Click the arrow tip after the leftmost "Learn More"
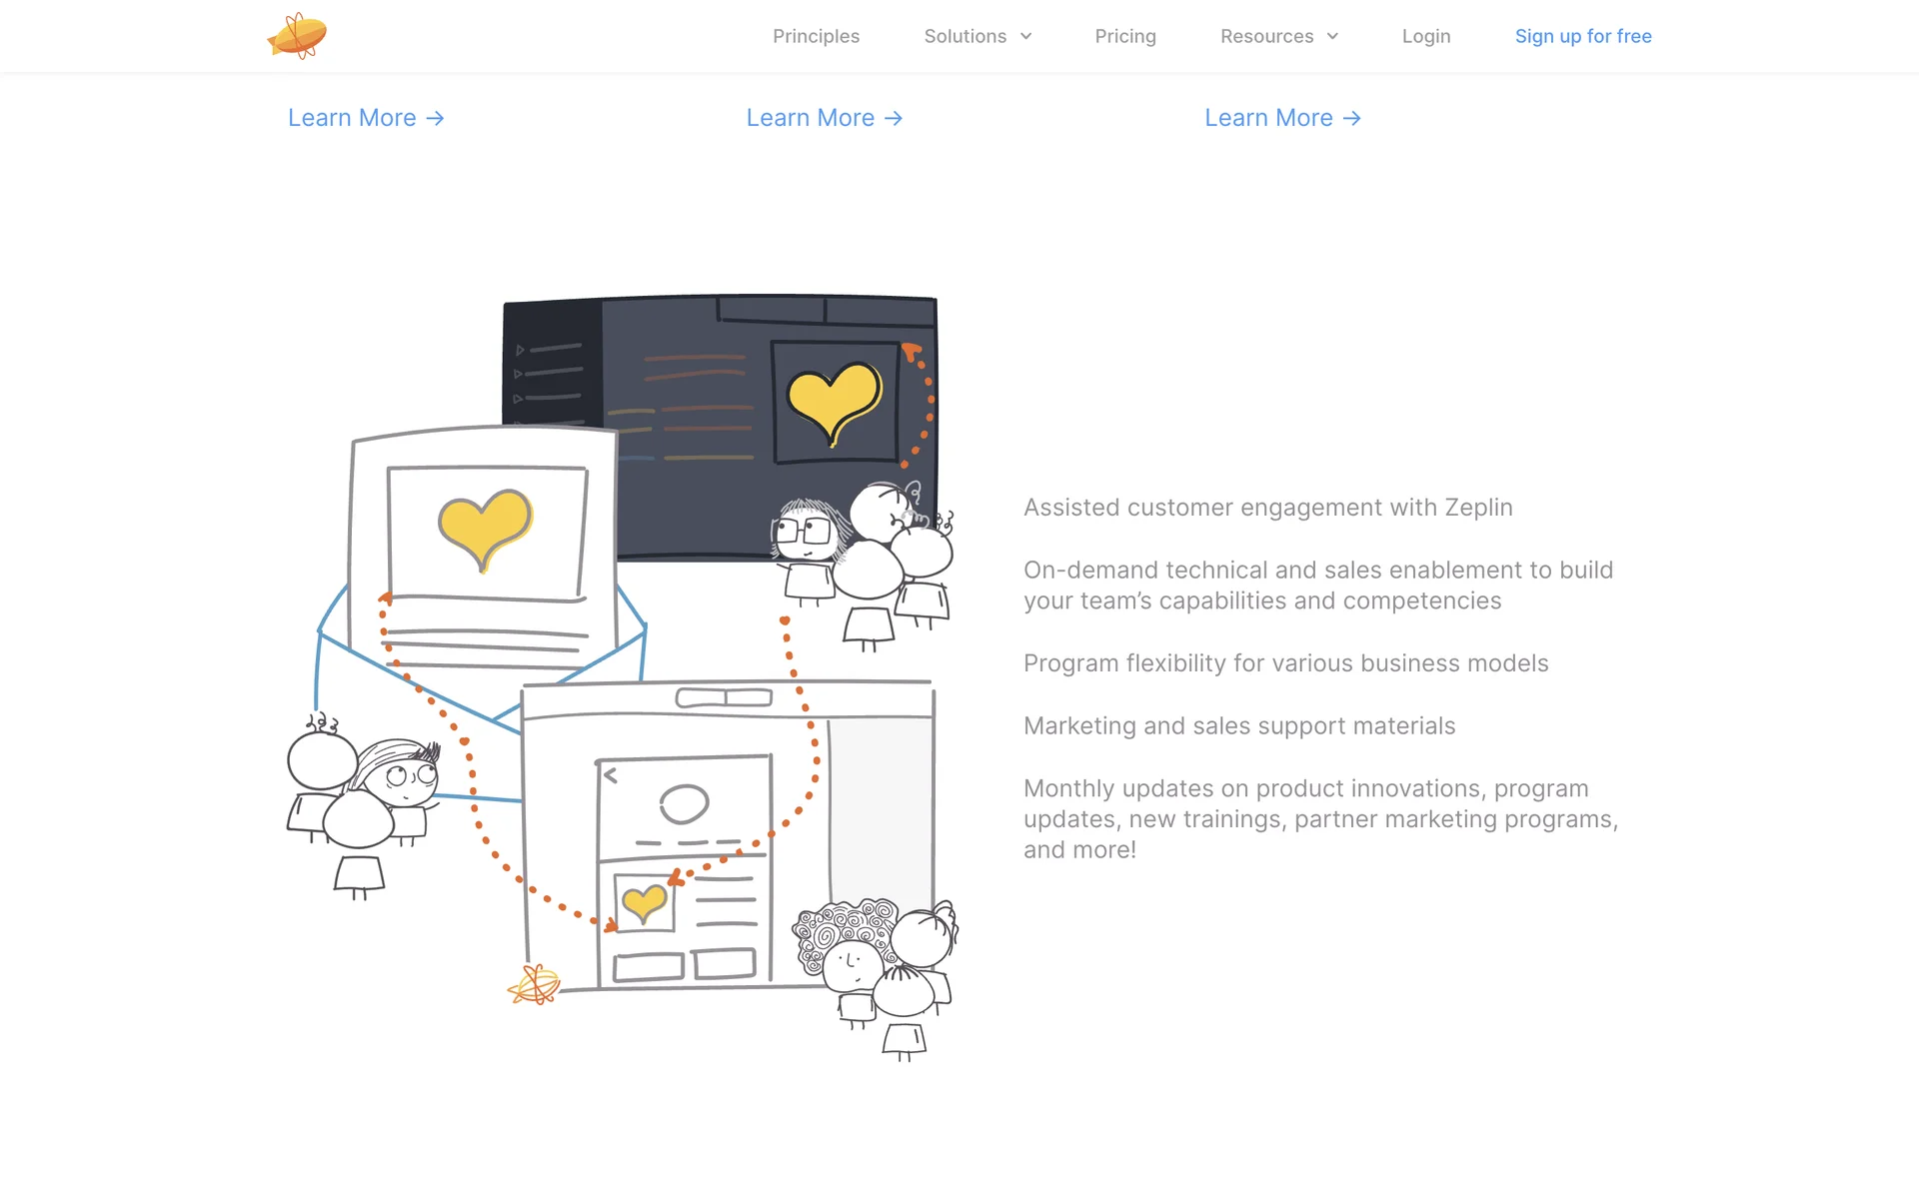pos(443,118)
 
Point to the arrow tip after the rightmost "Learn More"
pos(1359,118)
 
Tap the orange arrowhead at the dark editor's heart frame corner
pos(911,352)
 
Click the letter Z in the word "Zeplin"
pos(1451,508)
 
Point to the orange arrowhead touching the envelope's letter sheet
pos(386,599)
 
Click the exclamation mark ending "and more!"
pos(1132,849)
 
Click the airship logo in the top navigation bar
pos(297,36)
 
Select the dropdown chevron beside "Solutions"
pos(1025,36)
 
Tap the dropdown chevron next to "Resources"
pos(1332,36)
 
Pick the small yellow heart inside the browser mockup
pos(645,902)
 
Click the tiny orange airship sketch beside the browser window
pos(534,985)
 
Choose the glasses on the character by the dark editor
pos(803,531)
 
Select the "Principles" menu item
pos(816,36)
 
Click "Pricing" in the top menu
pos(1125,36)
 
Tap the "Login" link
pos(1426,36)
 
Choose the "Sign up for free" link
pos(1583,36)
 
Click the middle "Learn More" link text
pos(811,118)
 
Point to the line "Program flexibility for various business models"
pos(1286,663)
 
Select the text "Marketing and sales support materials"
pos(1239,726)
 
